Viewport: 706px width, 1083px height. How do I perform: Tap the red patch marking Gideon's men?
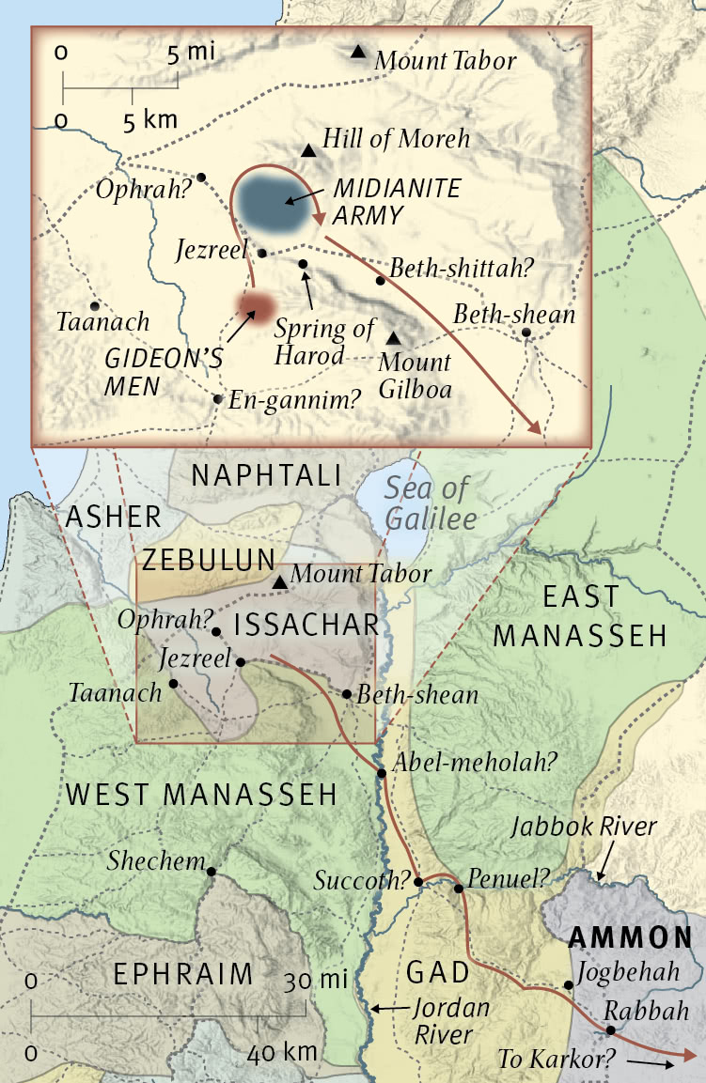point(256,305)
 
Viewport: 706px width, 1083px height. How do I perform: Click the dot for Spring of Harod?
point(303,264)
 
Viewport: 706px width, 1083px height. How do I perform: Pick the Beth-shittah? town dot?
point(380,280)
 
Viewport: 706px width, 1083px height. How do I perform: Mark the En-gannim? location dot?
point(218,398)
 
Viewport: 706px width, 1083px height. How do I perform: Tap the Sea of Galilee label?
point(429,503)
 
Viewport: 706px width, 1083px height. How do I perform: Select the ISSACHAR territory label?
point(306,625)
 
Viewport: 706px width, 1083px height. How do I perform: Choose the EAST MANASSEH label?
point(579,616)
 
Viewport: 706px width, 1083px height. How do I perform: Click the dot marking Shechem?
point(212,872)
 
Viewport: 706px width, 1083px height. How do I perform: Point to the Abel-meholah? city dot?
point(382,773)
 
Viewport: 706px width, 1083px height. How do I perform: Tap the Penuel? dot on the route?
point(458,888)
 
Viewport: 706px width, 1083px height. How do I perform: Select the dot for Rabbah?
point(610,1029)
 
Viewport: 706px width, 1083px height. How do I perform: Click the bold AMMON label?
point(631,937)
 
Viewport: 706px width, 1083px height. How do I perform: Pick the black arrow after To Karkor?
point(651,1061)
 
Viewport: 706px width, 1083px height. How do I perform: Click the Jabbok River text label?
point(584,828)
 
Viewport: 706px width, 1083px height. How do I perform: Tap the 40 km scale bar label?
point(280,1053)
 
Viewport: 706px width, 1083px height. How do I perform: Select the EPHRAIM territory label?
point(183,974)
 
